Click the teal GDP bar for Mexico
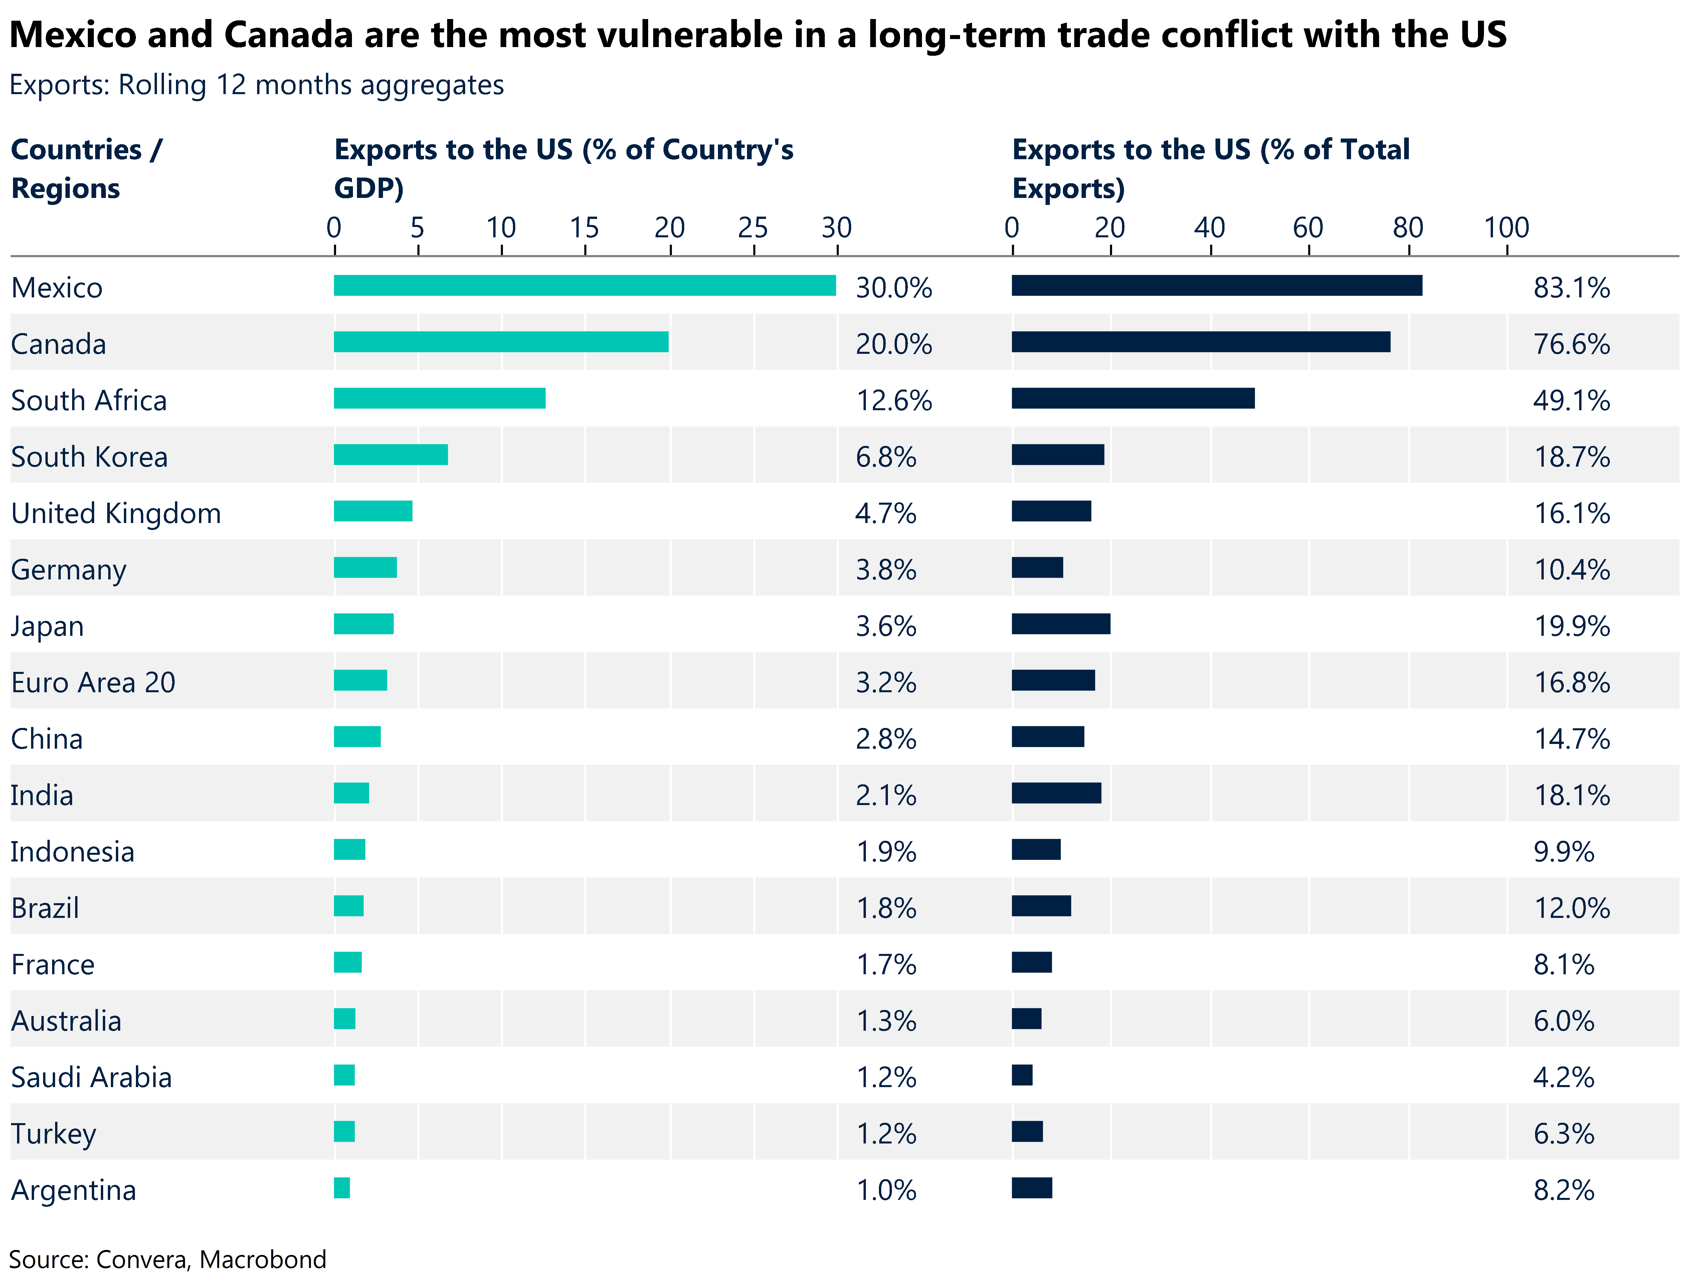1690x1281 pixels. [x=584, y=286]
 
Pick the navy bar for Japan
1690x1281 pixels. [x=1061, y=624]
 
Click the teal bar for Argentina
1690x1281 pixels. [x=342, y=1188]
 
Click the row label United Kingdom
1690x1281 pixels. [x=116, y=513]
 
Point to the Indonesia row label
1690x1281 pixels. [x=72, y=852]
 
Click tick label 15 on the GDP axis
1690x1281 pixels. [x=584, y=228]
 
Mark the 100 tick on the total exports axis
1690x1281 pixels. [x=1506, y=228]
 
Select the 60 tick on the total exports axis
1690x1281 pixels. [x=1308, y=228]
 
